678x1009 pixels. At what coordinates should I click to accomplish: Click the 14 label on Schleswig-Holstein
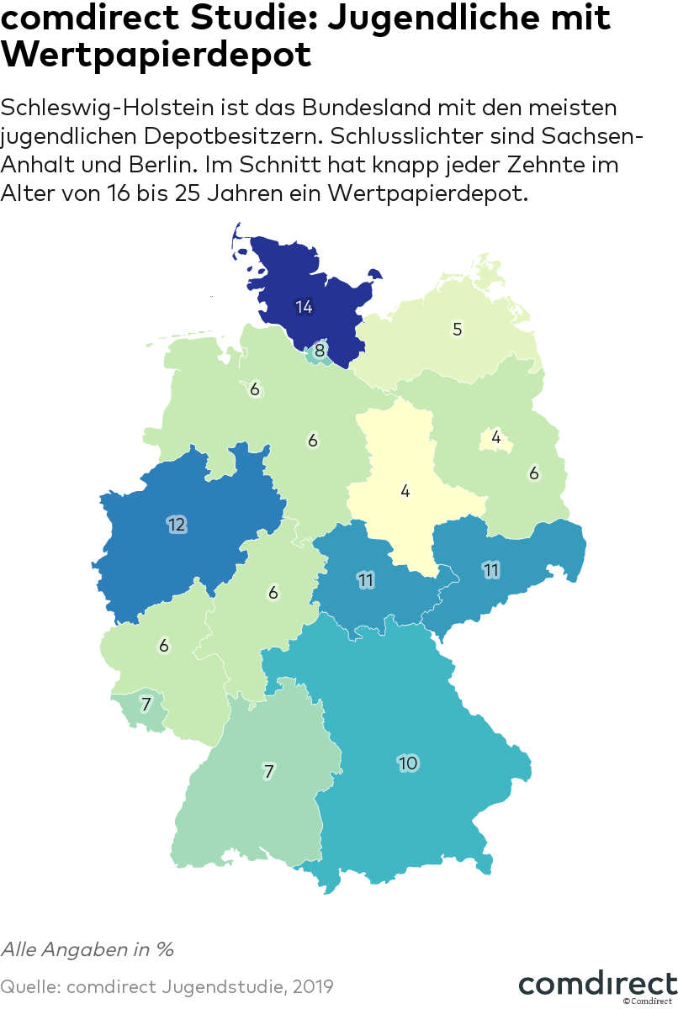pyautogui.click(x=304, y=307)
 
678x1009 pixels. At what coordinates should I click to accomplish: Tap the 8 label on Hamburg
pyautogui.click(x=320, y=351)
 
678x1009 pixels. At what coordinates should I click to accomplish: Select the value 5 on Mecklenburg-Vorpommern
pyautogui.click(x=458, y=329)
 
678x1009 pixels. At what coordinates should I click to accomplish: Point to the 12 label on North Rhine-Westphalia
pyautogui.click(x=177, y=525)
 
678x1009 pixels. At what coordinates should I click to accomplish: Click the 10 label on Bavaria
pyautogui.click(x=408, y=763)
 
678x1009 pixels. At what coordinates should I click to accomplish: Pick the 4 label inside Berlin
pyautogui.click(x=496, y=437)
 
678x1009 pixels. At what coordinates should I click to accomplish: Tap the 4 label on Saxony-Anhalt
pyautogui.click(x=405, y=490)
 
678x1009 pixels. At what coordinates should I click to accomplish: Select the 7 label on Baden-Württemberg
pyautogui.click(x=269, y=770)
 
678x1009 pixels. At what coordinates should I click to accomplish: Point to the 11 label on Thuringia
pyautogui.click(x=365, y=580)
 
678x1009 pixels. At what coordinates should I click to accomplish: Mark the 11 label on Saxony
pyautogui.click(x=491, y=570)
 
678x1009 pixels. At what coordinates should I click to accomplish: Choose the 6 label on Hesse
pyautogui.click(x=273, y=593)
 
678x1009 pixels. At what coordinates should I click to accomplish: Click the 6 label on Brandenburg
pyautogui.click(x=533, y=473)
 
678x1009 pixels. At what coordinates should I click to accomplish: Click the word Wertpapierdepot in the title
pyautogui.click(x=156, y=55)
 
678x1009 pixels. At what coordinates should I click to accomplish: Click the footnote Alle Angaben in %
pyautogui.click(x=87, y=949)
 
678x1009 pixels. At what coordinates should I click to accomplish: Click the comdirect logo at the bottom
pyautogui.click(x=597, y=984)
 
